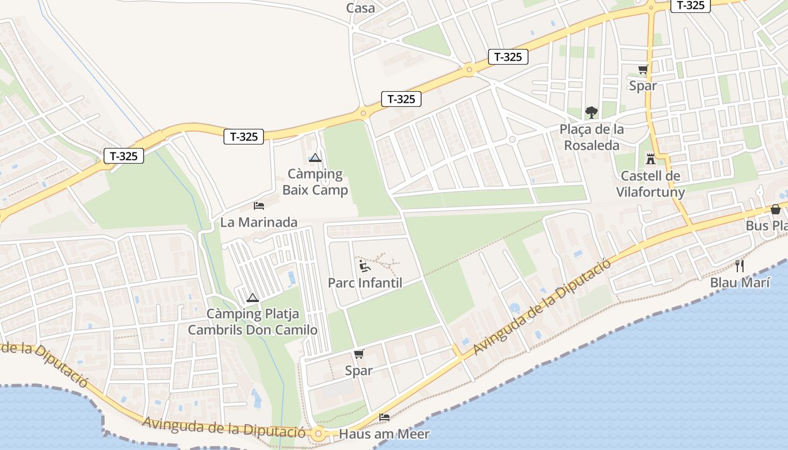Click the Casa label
tap(360, 8)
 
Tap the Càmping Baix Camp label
tap(315, 182)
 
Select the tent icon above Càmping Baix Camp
tap(315, 158)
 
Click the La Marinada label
tap(258, 222)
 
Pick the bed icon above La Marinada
tap(259, 206)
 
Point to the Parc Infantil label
tap(365, 282)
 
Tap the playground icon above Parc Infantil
tap(365, 265)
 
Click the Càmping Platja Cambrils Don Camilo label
tap(253, 322)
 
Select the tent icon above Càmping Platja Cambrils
tap(253, 298)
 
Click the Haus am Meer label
tap(384, 434)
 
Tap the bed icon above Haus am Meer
tap(384, 417)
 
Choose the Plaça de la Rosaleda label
tap(591, 137)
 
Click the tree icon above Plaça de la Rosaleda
tap(591, 112)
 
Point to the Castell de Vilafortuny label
tap(651, 184)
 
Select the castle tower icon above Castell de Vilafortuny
tap(651, 159)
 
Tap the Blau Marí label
tap(740, 282)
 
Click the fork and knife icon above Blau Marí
tap(740, 265)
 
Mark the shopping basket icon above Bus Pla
tap(776, 209)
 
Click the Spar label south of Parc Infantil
tap(359, 371)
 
